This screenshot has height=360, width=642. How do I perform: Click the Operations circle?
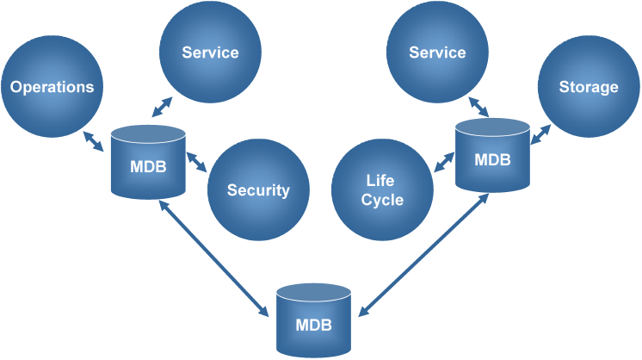pos(52,87)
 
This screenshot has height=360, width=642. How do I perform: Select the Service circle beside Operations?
pos(210,53)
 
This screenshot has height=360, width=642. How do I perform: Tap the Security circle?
pos(258,190)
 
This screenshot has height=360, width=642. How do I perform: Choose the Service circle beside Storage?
pos(437,53)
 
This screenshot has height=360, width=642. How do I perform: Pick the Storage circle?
pos(589,87)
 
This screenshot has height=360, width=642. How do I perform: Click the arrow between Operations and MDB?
pos(94,141)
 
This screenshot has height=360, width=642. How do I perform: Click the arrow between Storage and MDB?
pos(540,133)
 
